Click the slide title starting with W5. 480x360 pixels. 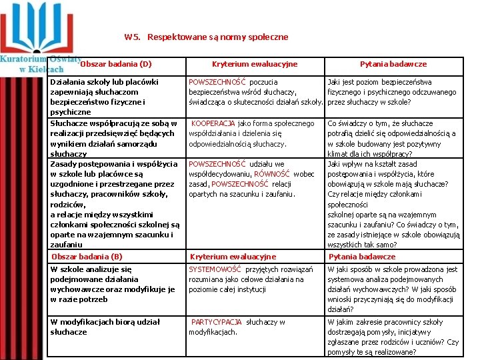click(x=206, y=37)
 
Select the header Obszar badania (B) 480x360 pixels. click(x=87, y=257)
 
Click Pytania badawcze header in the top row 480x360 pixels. click(x=393, y=64)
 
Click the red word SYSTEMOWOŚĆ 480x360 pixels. click(x=215, y=269)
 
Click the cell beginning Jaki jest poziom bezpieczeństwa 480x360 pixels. click(x=392, y=92)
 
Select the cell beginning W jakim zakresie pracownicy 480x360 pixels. click(x=393, y=337)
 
